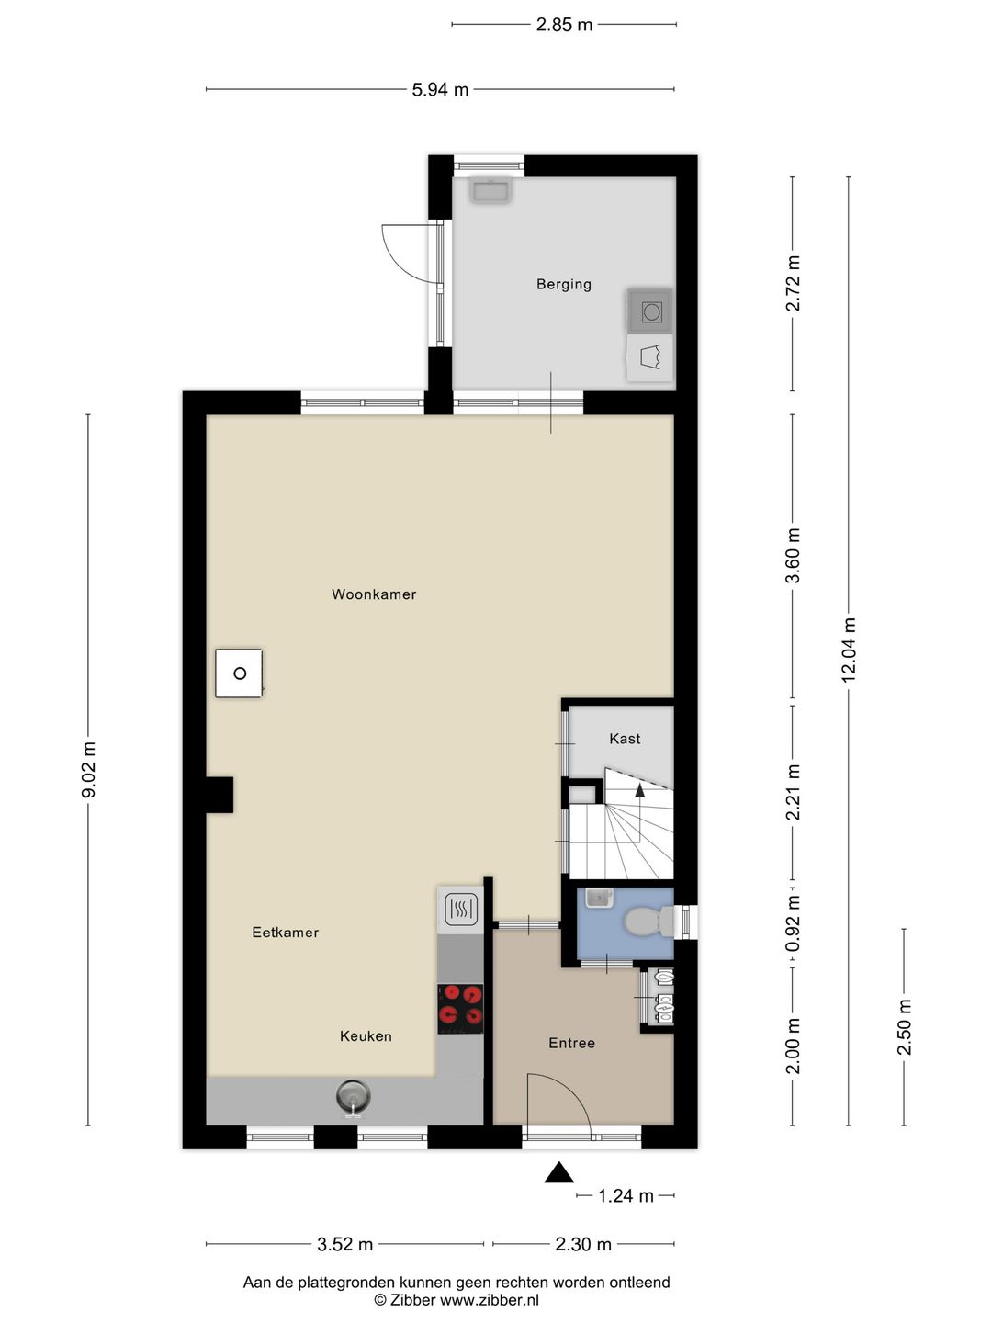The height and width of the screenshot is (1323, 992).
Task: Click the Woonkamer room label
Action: point(374,594)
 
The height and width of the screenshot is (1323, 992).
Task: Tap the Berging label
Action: point(563,285)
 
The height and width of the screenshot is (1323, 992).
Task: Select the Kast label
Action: point(625,739)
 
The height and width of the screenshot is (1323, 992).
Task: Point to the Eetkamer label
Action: point(286,933)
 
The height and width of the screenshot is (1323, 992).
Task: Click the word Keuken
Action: point(366,1036)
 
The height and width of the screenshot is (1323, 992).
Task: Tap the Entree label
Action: point(571,1043)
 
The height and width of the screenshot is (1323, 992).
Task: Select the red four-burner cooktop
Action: point(460,1004)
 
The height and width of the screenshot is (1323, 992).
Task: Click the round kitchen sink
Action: point(353,1095)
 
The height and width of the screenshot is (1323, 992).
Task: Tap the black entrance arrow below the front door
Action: point(558,1173)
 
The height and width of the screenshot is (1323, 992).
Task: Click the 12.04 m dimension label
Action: point(849,649)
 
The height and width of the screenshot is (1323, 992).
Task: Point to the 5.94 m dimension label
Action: point(440,90)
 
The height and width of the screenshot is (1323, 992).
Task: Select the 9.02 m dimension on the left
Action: point(89,770)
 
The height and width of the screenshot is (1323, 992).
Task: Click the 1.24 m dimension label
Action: point(626,1196)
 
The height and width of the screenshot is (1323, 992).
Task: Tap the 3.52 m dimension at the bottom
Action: point(344,1245)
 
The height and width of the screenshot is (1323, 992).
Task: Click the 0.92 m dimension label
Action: point(793,924)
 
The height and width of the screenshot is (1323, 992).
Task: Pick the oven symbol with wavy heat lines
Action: point(460,910)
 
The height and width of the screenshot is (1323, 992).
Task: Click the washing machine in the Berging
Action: point(651,311)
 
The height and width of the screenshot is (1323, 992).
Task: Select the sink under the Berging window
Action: point(490,190)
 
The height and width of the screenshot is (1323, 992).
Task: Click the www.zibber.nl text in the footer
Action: point(489,1300)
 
